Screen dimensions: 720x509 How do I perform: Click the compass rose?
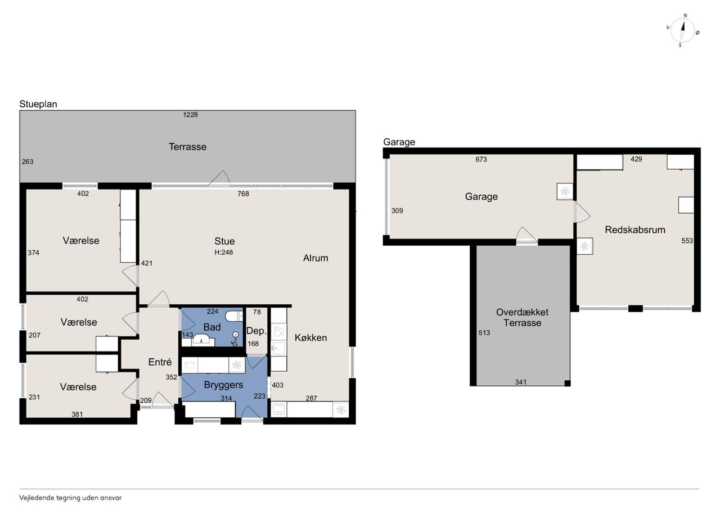(x=683, y=30)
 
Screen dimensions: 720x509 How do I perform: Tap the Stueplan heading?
(x=38, y=104)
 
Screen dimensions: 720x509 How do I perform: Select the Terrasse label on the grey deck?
(x=188, y=147)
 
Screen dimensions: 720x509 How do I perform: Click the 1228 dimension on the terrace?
(x=190, y=115)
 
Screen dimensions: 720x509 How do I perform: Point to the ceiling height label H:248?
(x=224, y=253)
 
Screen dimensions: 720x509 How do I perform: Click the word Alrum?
(x=316, y=258)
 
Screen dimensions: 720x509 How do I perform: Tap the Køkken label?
(x=311, y=337)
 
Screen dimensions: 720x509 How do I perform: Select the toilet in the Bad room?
(x=234, y=316)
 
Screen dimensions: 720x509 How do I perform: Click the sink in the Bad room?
(x=203, y=340)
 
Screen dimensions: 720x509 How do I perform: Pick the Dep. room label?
(x=256, y=331)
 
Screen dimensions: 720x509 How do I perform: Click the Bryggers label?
(x=223, y=385)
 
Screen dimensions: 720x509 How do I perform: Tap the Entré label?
(x=160, y=362)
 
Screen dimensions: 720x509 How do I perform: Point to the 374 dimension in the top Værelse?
(x=33, y=253)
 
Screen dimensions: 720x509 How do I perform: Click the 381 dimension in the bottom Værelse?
(x=77, y=415)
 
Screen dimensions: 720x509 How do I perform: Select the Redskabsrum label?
(x=635, y=230)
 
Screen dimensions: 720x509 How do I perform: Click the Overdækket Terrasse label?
(x=523, y=317)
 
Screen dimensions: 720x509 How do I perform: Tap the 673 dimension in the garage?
(x=481, y=159)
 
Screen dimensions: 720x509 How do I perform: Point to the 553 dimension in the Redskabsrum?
(x=687, y=241)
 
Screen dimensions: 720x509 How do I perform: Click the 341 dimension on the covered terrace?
(x=521, y=382)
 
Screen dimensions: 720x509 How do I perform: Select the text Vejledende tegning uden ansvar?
(x=70, y=498)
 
